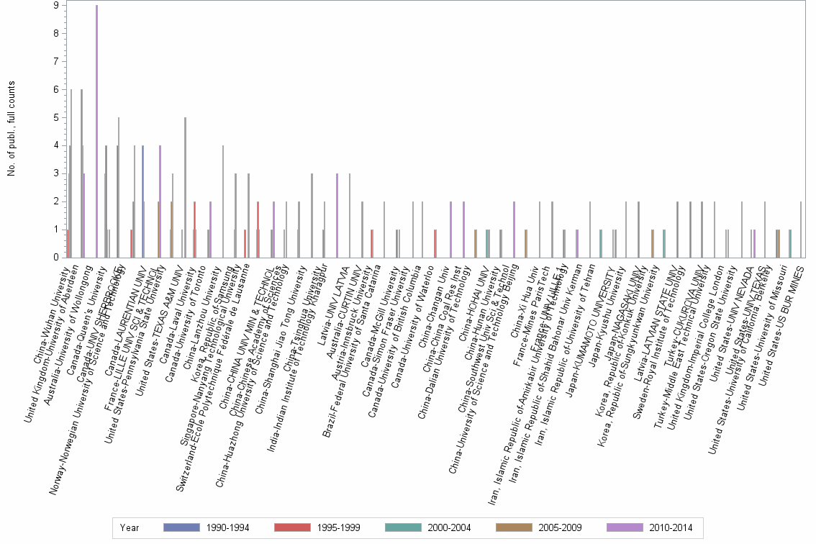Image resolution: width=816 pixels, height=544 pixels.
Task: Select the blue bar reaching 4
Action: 143,201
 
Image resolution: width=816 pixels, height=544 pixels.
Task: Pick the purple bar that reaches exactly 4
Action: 160,201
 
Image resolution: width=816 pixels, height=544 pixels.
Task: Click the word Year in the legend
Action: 130,527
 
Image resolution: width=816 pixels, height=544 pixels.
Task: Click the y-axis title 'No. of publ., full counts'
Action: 12,130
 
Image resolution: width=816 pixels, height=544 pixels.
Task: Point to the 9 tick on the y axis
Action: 55,6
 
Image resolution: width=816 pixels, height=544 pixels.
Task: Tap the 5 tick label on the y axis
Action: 55,117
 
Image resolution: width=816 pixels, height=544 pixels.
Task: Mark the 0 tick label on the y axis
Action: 55,257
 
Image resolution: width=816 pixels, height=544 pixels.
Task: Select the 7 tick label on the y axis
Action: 55,62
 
